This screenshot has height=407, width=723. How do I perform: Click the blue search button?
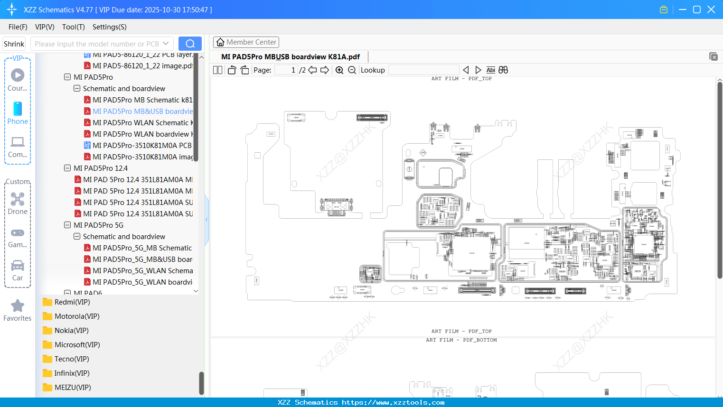pyautogui.click(x=190, y=44)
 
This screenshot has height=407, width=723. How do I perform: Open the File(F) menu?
pyautogui.click(x=18, y=27)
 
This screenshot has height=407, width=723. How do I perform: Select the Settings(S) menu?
pyautogui.click(x=109, y=27)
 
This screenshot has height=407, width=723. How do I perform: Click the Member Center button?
pyautogui.click(x=246, y=42)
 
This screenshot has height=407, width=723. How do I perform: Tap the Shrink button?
pyautogui.click(x=14, y=44)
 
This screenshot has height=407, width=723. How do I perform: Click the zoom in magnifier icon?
pyautogui.click(x=339, y=70)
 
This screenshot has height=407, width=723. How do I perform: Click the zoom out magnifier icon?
pyautogui.click(x=352, y=70)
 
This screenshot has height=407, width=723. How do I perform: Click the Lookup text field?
pyautogui.click(x=423, y=70)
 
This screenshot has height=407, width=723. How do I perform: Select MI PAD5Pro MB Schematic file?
pyautogui.click(x=142, y=100)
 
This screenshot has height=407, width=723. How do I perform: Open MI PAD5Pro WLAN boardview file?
pyautogui.click(x=142, y=134)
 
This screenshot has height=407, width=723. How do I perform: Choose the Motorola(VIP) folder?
pyautogui.click(x=76, y=316)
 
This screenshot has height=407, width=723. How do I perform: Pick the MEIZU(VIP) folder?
pyautogui.click(x=72, y=388)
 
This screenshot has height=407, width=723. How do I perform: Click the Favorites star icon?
pyautogui.click(x=18, y=306)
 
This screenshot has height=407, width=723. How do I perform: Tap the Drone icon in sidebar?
pyautogui.click(x=18, y=200)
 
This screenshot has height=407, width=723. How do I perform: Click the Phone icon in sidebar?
pyautogui.click(x=18, y=109)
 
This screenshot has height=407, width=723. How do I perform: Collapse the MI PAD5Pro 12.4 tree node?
pyautogui.click(x=67, y=168)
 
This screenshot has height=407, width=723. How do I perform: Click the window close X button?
pyautogui.click(x=711, y=9)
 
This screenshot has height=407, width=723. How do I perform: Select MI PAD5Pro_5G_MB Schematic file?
pyautogui.click(x=142, y=248)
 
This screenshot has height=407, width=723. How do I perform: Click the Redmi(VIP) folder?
pyautogui.click(x=72, y=302)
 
